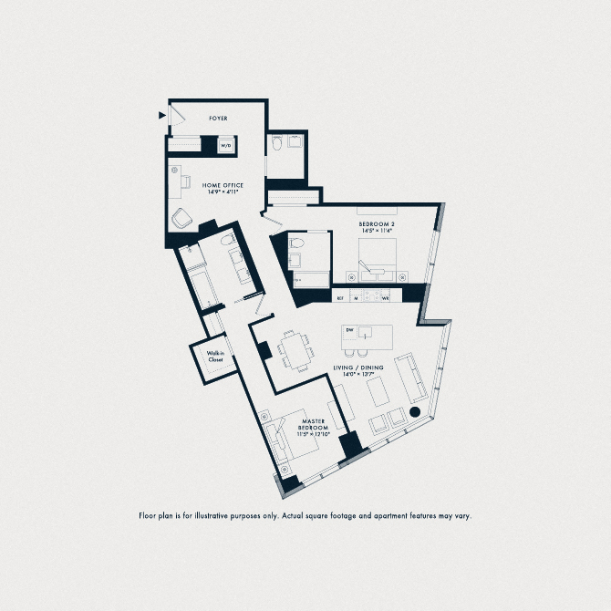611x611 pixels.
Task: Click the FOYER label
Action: [x=218, y=119]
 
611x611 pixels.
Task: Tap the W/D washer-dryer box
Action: [x=225, y=145]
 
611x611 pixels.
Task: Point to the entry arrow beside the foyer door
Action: [x=162, y=115]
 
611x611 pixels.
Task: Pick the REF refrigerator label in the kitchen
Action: [x=340, y=297]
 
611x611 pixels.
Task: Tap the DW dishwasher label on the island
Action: [x=347, y=330]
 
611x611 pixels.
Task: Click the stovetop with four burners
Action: [x=371, y=296]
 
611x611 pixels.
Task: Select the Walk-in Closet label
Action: [x=215, y=357]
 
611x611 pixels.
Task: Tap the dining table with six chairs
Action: [x=295, y=349]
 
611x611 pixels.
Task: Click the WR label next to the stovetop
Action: [x=386, y=297]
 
